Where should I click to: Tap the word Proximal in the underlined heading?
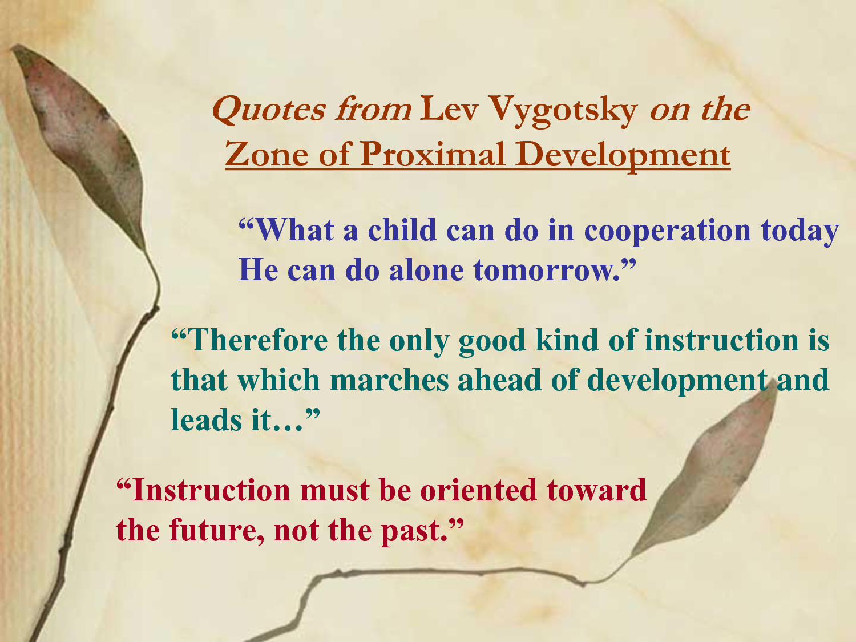[x=433, y=154]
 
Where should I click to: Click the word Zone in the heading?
[x=267, y=154]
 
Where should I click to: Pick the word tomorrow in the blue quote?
[x=547, y=270]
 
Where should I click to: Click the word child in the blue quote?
[x=402, y=229]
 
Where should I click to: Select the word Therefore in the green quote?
[x=258, y=340]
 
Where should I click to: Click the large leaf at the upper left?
[x=84, y=144]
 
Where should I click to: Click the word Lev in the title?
[x=449, y=108]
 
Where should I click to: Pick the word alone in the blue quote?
[x=427, y=270]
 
